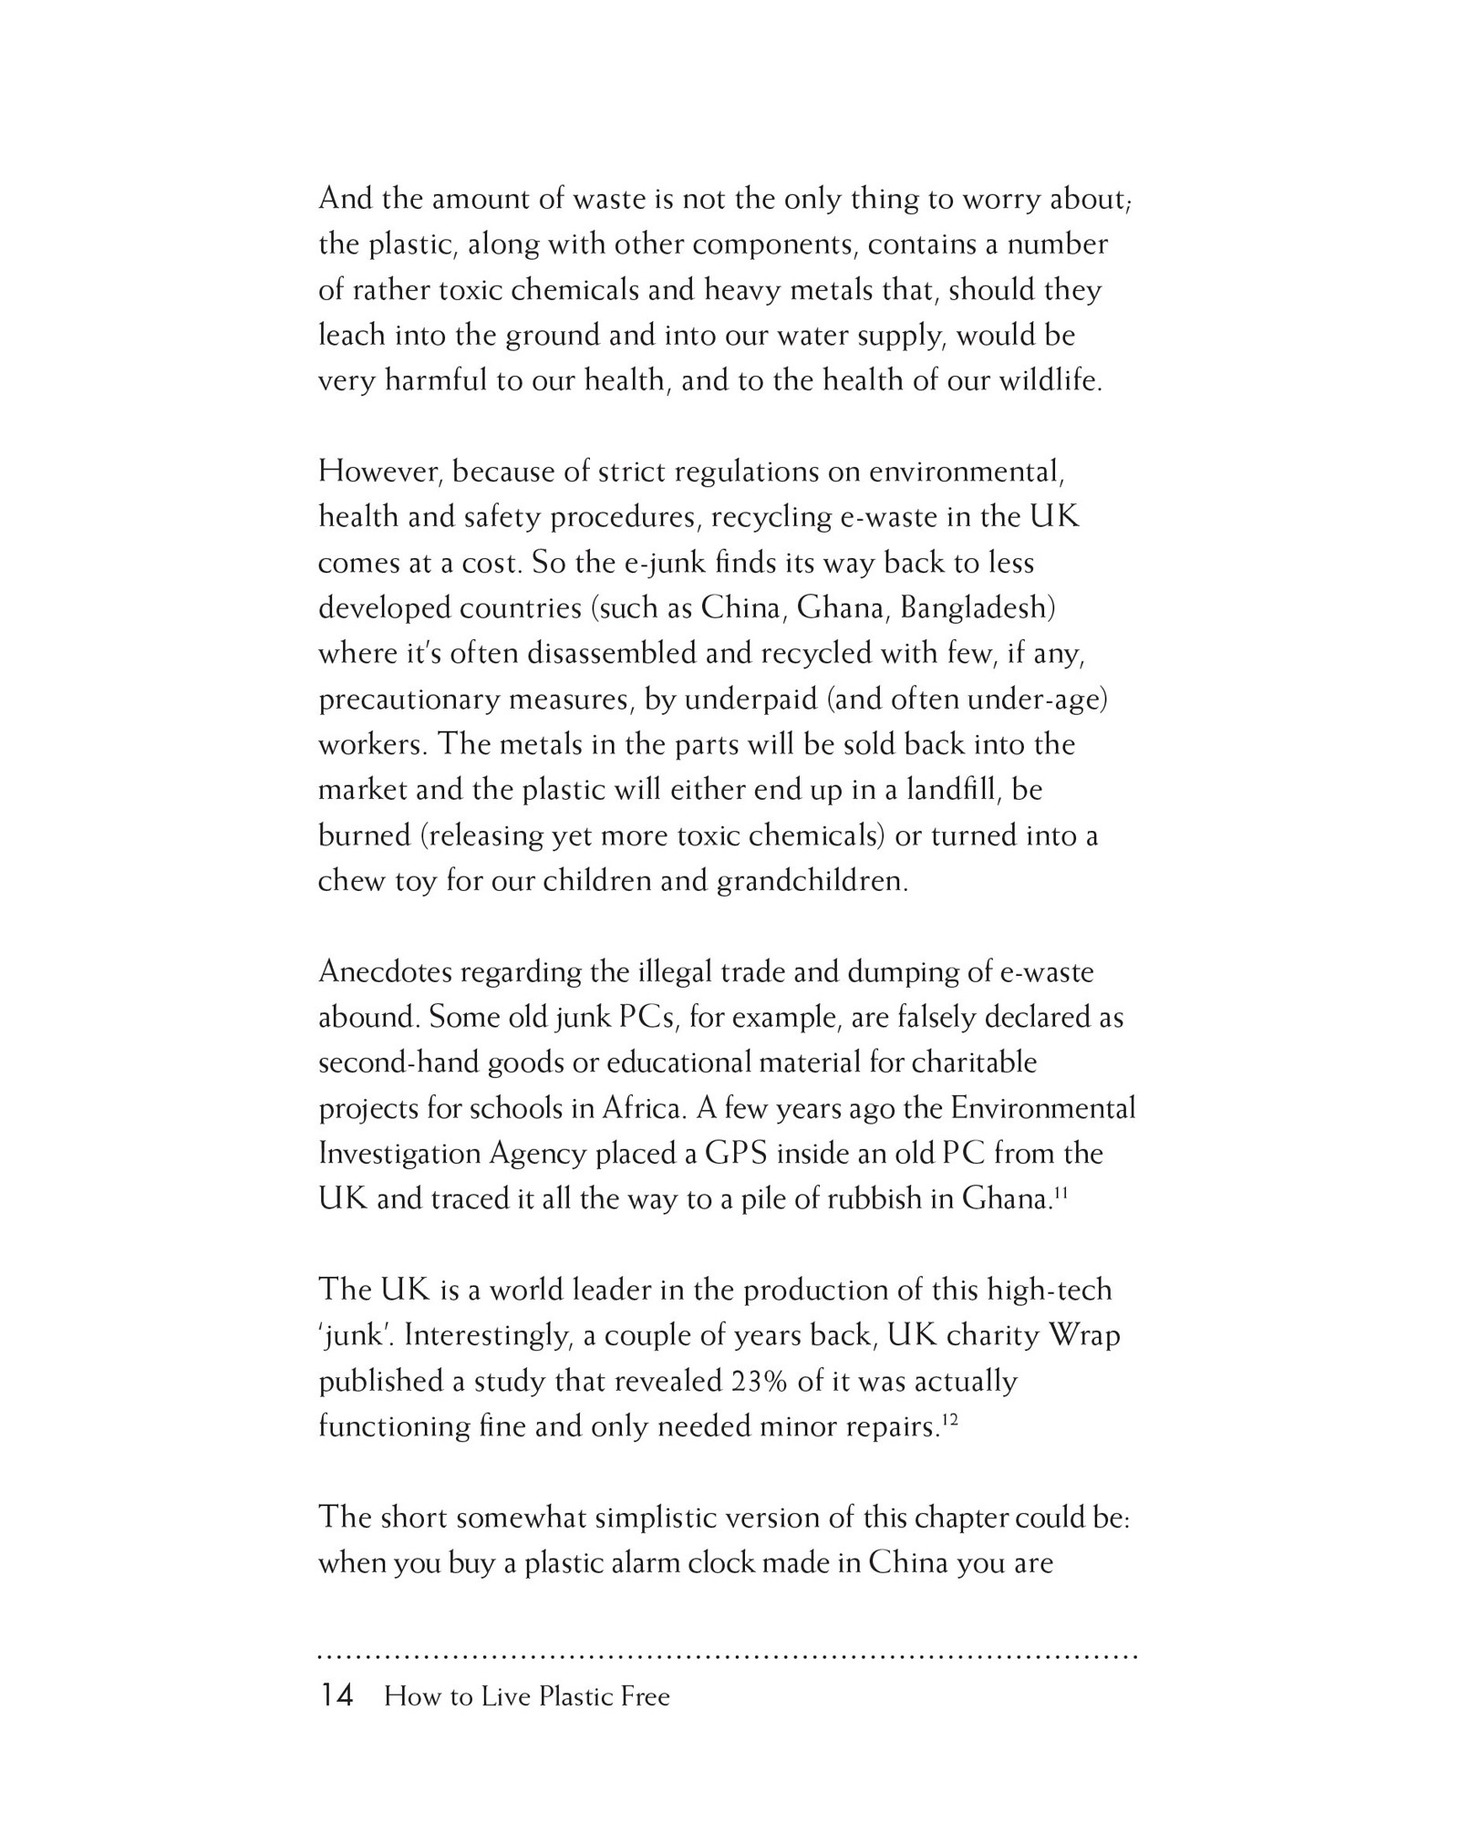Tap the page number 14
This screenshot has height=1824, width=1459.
tap(336, 1696)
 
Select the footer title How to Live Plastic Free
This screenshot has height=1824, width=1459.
tap(527, 1697)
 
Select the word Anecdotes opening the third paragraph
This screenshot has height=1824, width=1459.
tap(386, 972)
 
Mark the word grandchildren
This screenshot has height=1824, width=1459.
tap(812, 882)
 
